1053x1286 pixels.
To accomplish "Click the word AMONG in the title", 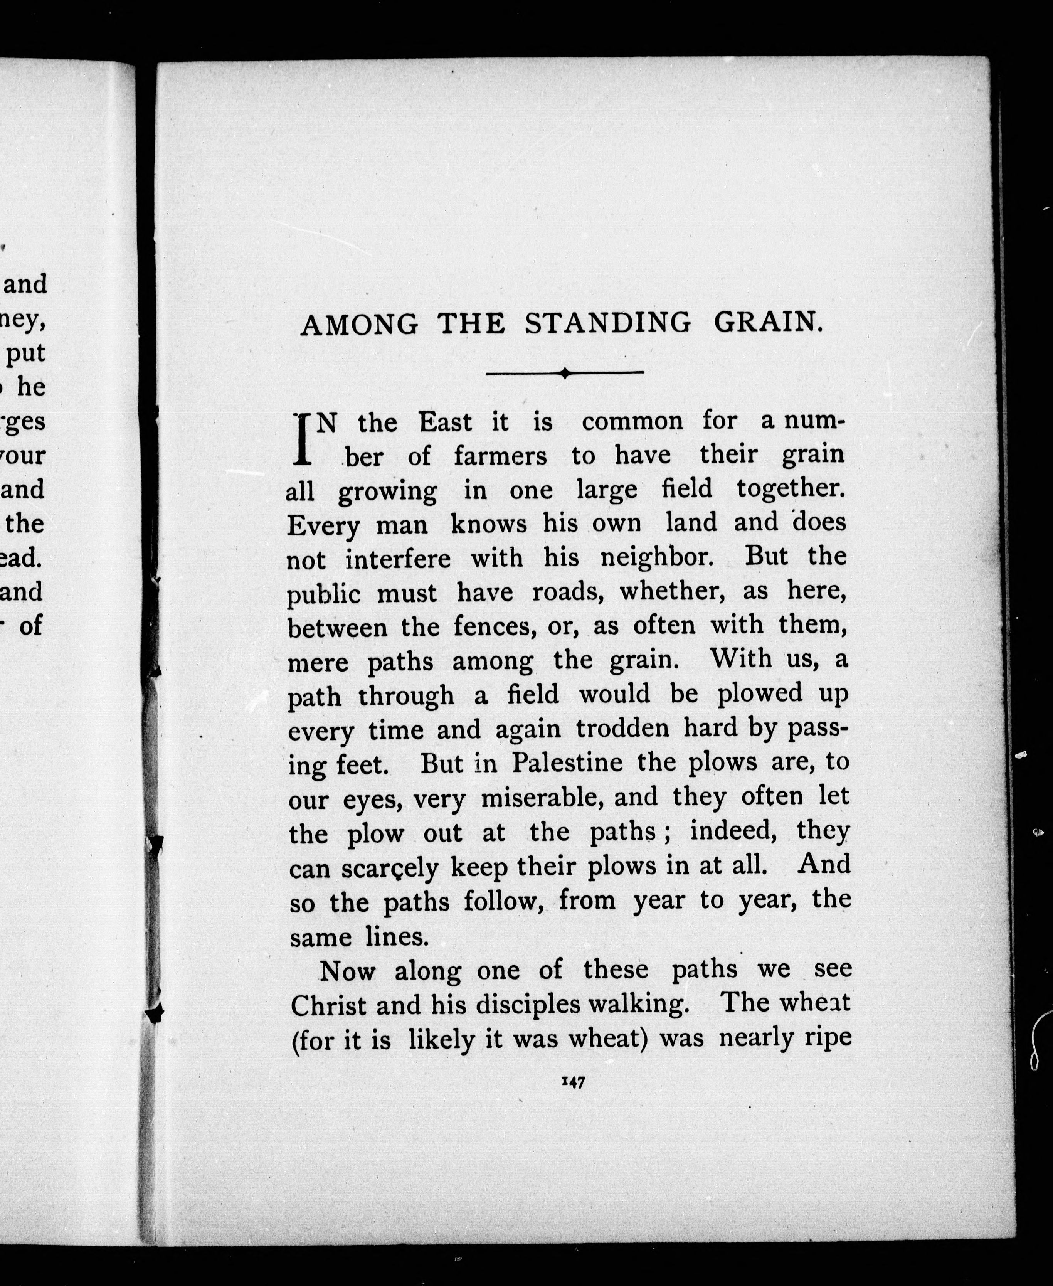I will pyautogui.click(x=359, y=325).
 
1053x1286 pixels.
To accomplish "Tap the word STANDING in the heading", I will pyautogui.click(x=607, y=323).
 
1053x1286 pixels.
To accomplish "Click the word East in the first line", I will pyautogui.click(x=445, y=422).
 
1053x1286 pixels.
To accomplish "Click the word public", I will pyautogui.click(x=323, y=594).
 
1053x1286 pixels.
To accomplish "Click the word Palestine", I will pyautogui.click(x=567, y=763).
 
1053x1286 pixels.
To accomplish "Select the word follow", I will pyautogui.click(x=503, y=901).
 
